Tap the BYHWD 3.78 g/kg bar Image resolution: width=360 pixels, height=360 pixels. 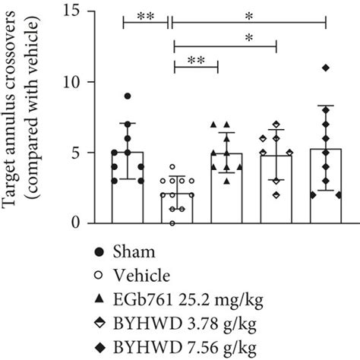point(276,190)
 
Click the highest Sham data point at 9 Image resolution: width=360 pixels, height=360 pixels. point(128,96)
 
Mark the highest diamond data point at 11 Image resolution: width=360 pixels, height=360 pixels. point(326,68)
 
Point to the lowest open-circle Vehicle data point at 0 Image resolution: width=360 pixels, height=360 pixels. point(175,223)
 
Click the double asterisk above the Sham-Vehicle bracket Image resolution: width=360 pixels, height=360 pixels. point(145,14)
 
